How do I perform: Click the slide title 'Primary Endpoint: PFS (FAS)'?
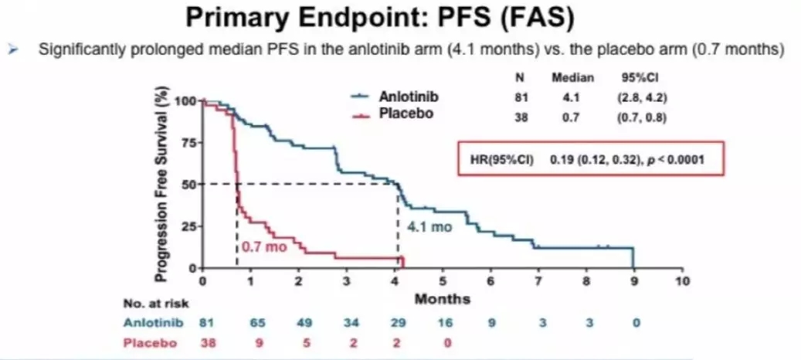click(x=400, y=19)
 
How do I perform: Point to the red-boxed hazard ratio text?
click(x=592, y=159)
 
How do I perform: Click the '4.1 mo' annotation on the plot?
click(x=429, y=228)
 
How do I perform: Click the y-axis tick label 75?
click(x=186, y=143)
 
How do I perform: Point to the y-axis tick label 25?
click(x=186, y=226)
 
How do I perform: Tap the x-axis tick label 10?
click(x=681, y=282)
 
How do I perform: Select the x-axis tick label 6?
click(x=490, y=282)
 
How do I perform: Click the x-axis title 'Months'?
click(x=442, y=299)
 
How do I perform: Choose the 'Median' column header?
click(x=572, y=78)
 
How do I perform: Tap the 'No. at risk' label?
click(x=155, y=304)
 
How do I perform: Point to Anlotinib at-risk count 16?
click(x=443, y=322)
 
